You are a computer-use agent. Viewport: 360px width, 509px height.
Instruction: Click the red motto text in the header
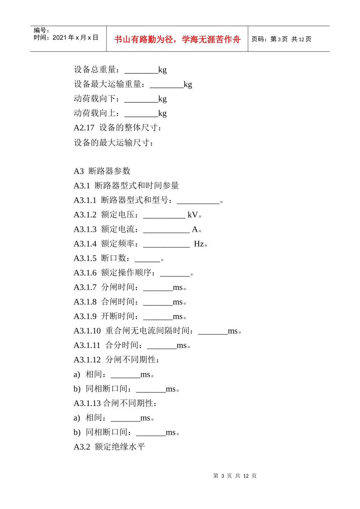point(177,39)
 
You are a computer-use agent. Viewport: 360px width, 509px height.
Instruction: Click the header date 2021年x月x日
point(75,37)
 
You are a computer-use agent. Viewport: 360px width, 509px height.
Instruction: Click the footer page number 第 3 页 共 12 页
point(235,476)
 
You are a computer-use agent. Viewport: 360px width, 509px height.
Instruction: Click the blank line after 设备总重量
point(141,70)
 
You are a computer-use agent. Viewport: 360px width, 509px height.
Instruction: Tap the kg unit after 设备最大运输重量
point(188,84)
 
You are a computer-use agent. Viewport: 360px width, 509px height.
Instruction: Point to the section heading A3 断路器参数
point(102,171)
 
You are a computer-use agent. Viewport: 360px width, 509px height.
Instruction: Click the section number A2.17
point(84,128)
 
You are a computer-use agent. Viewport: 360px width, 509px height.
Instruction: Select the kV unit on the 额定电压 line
point(193,215)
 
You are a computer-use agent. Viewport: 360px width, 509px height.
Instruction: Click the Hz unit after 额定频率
point(199,244)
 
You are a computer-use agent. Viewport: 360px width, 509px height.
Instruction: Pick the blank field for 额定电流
point(166,230)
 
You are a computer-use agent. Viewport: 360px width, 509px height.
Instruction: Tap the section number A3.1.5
point(85,258)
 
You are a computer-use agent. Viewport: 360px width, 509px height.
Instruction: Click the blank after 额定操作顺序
point(175,273)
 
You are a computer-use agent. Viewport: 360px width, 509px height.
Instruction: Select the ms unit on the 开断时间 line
point(178,317)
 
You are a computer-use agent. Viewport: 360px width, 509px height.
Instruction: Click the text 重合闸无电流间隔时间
point(147,331)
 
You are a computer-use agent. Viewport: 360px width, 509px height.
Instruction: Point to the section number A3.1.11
point(87,345)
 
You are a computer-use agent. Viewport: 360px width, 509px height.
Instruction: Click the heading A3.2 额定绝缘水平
point(109,447)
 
